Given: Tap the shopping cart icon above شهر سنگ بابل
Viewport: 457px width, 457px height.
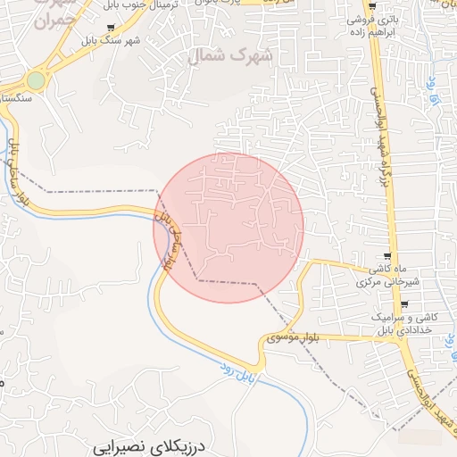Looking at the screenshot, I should click(110, 28).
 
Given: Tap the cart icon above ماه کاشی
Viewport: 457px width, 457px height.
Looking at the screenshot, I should click(386, 256).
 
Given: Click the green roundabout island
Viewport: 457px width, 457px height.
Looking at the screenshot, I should click(36, 81).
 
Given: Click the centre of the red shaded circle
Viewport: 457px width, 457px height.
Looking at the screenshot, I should click(228, 228).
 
